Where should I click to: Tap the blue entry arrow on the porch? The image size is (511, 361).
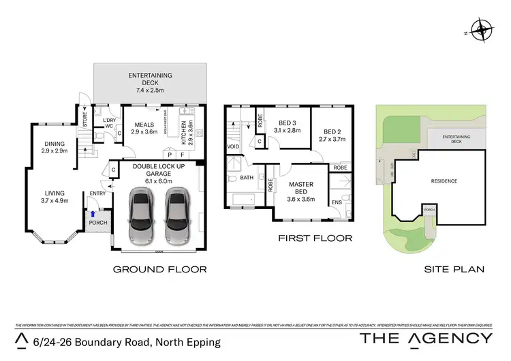pos(93,214)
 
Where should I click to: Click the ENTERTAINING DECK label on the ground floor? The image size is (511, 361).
pos(150,79)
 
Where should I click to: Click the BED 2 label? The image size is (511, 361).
pos(332,134)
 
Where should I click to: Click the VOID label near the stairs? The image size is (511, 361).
pos(233,146)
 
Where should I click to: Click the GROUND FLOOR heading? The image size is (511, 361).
pos(159,270)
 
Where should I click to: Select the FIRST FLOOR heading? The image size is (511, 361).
pos(314,238)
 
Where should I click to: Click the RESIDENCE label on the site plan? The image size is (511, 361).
pos(444,181)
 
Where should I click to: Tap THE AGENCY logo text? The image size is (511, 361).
pos(425,339)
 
